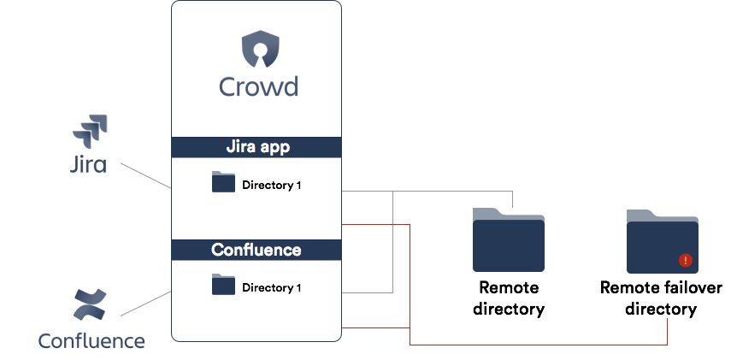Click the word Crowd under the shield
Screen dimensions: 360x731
point(258,86)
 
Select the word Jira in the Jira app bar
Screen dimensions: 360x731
point(242,147)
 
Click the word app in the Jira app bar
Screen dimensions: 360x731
point(276,147)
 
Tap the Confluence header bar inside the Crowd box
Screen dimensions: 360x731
point(256,250)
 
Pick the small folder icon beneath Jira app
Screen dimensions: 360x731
point(223,181)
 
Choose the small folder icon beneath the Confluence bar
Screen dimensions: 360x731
point(223,284)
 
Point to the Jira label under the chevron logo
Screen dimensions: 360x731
point(87,164)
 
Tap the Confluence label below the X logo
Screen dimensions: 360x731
point(91,341)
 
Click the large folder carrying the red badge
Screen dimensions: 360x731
point(662,243)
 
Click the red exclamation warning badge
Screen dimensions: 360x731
point(685,261)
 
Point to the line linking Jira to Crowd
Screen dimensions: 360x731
point(146,175)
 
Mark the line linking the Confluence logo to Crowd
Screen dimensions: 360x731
point(146,304)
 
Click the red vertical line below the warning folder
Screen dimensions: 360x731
point(667,331)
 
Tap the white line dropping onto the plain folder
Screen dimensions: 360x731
point(511,199)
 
